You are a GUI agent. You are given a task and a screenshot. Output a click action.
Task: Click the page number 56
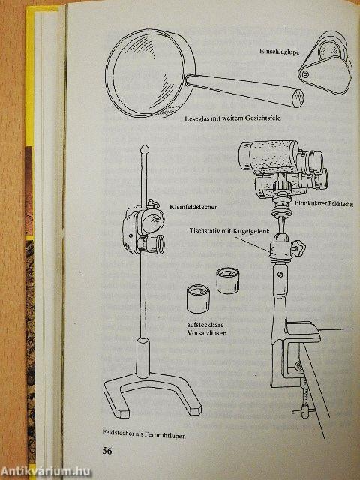tap(107, 451)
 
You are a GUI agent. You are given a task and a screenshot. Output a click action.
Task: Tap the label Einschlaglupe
tap(280, 51)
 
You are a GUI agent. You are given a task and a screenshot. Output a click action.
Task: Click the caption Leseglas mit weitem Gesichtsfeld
tap(233, 118)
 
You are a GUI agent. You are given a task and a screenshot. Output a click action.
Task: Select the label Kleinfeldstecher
tap(193, 207)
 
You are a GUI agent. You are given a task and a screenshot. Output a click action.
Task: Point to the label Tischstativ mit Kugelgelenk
tap(229, 231)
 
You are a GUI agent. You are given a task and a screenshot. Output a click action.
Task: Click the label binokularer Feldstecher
tap(324, 203)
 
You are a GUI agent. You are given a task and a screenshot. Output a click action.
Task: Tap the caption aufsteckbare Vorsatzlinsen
tap(207, 328)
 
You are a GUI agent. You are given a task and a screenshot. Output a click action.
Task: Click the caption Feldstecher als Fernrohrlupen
tap(144, 433)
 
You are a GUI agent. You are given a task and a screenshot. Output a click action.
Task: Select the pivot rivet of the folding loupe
tap(304, 74)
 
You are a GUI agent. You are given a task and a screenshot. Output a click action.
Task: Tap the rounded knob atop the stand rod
tap(145, 150)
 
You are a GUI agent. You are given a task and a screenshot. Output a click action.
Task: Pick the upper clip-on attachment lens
tap(227, 280)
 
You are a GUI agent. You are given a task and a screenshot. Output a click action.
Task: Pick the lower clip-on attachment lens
tap(198, 298)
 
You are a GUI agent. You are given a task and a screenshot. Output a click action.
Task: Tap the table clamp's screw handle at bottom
tap(301, 412)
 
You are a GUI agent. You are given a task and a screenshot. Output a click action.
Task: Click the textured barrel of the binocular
tap(268, 157)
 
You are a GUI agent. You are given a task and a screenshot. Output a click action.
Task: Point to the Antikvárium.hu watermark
tap(45, 472)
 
